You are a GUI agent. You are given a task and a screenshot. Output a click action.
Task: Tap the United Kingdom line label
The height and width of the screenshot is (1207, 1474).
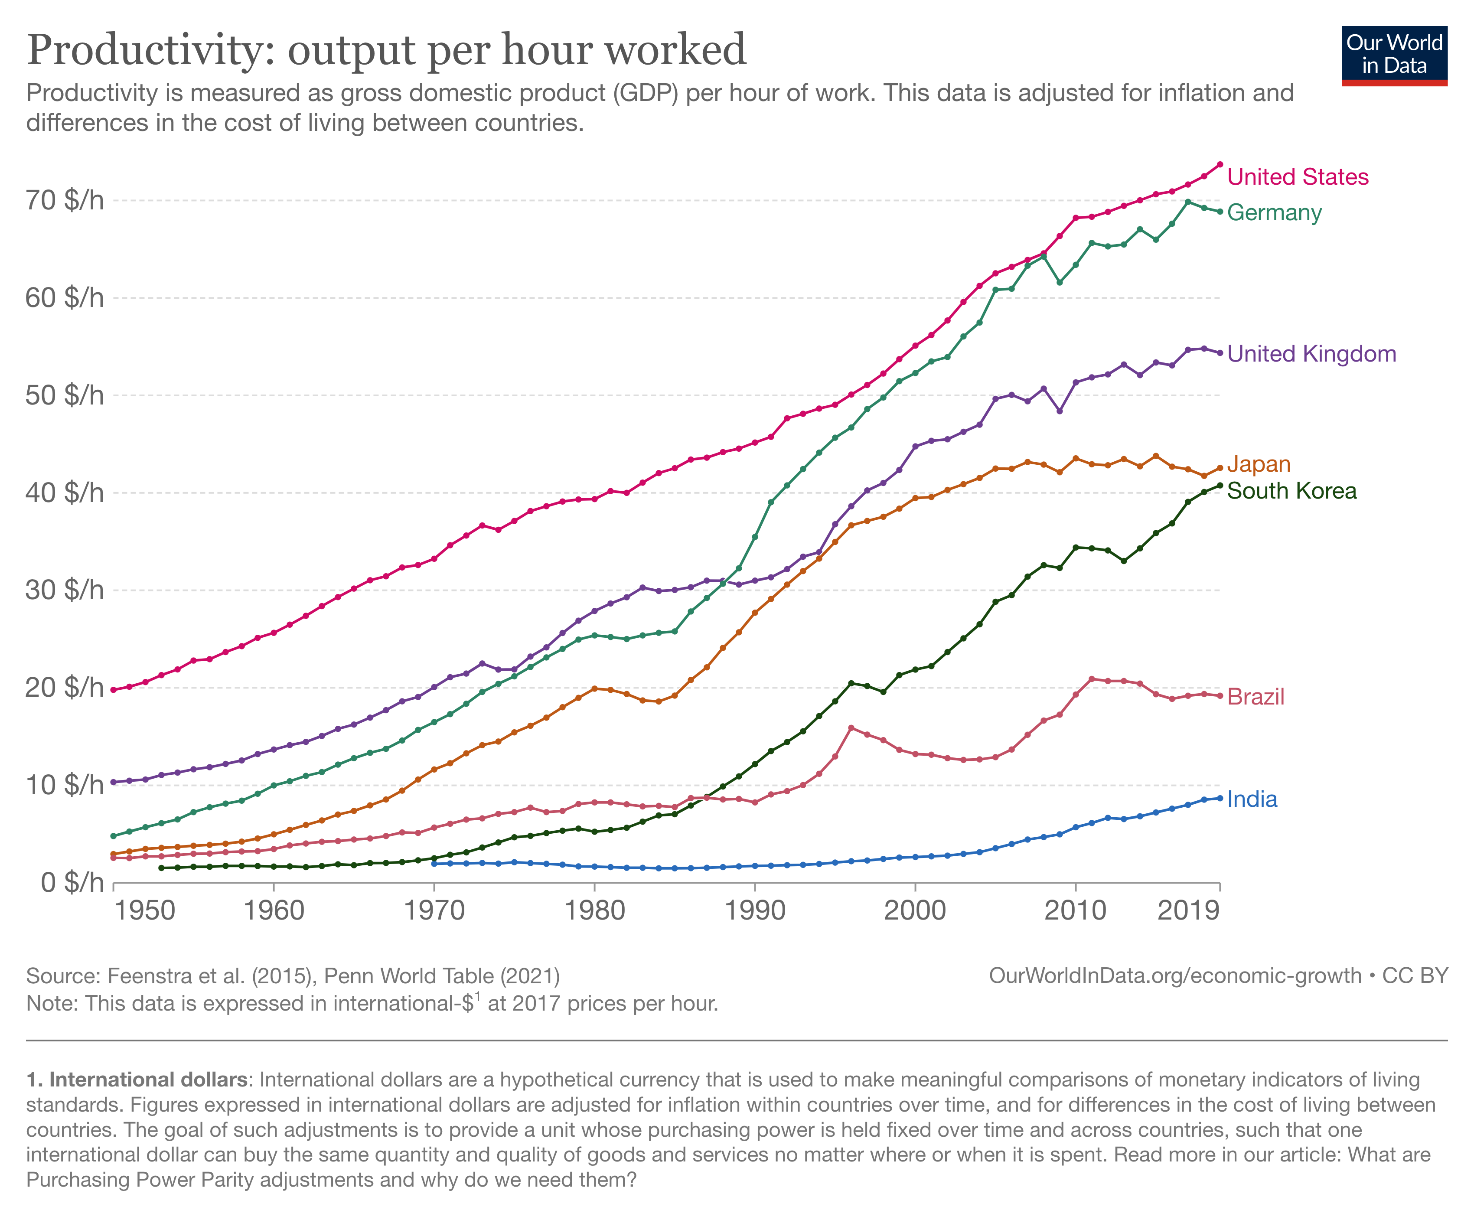click(1311, 354)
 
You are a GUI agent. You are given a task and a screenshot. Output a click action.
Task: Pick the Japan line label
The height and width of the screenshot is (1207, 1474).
click(1259, 464)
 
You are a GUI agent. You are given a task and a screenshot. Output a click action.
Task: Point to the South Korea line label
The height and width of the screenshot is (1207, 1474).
click(1291, 491)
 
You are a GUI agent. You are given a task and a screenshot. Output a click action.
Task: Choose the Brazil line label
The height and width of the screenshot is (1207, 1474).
click(1256, 697)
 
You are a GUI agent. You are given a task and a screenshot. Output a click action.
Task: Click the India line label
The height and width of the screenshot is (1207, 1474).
click(1252, 799)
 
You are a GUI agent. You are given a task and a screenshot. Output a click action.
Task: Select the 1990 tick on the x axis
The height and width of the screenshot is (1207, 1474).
click(754, 910)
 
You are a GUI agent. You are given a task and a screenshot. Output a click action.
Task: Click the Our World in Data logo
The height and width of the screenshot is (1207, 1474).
click(1394, 55)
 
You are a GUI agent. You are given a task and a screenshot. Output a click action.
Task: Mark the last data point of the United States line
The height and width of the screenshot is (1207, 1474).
click(1220, 165)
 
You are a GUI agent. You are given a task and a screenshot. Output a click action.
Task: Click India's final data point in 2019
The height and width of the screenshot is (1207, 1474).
click(1220, 798)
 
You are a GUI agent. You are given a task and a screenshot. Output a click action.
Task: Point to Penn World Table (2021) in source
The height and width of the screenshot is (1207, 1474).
click(441, 976)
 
